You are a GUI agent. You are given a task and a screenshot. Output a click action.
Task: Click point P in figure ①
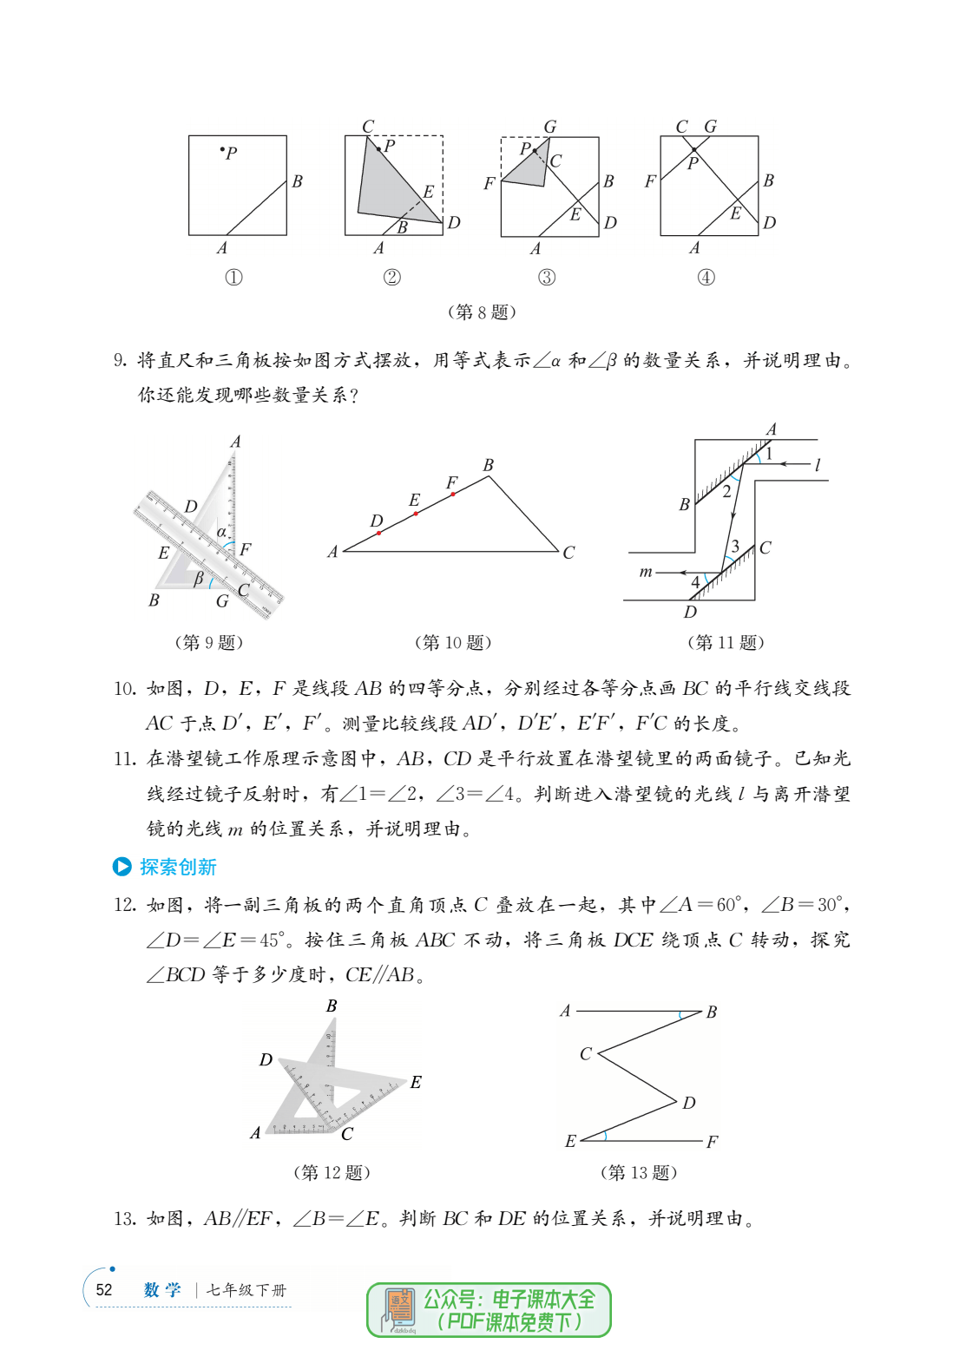point(222,150)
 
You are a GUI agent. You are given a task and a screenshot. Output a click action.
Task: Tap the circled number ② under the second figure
point(392,278)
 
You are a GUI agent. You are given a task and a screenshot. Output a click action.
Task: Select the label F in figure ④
point(650,181)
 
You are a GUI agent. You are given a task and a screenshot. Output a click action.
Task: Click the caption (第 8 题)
point(482,311)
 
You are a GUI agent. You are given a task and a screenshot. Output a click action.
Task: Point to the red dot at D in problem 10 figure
point(379,533)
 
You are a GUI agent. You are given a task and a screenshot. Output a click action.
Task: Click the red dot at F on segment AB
point(453,494)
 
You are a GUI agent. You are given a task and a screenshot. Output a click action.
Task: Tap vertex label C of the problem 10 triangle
point(568,553)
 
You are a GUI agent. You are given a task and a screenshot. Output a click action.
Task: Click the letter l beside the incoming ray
point(818,465)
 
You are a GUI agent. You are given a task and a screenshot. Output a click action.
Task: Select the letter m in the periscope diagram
point(646,572)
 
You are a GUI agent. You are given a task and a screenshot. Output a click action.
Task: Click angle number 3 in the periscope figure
point(735,547)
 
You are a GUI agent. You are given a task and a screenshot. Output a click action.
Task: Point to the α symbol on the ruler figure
point(222,532)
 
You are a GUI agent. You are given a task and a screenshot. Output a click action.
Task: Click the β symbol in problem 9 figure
point(199,578)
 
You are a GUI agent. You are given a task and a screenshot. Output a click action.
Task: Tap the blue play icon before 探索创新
point(122,867)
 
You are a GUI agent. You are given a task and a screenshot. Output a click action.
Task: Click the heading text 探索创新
point(178,867)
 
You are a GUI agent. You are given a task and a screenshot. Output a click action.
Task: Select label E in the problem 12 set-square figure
point(416,1082)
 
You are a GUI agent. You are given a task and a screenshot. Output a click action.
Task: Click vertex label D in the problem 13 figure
point(688,1103)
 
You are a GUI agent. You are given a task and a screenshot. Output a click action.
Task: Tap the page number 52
point(104,1289)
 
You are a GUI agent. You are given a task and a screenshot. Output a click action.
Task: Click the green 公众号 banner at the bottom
point(489,1310)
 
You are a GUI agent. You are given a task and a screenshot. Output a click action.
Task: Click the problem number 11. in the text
point(125,759)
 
